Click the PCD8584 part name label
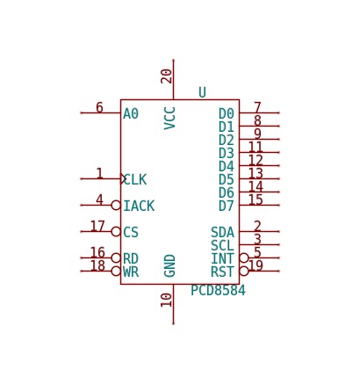tap(218, 291)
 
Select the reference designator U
tap(202, 92)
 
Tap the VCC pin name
tap(169, 118)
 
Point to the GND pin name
tap(169, 265)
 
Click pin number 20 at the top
tap(167, 76)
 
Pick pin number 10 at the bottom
tap(167, 300)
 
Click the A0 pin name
tap(131, 113)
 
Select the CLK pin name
tap(135, 179)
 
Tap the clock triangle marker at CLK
tap(124, 178)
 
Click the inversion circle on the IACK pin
tap(116, 205)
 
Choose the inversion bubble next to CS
tap(116, 231)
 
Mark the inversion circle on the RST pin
tap(244, 271)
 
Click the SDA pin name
tap(222, 233)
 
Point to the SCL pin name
tap(222, 245)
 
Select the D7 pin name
tap(227, 206)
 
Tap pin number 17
tap(97, 226)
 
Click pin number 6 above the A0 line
tap(99, 107)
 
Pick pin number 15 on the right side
tap(256, 199)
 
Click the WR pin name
tap(131, 272)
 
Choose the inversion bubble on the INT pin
tap(244, 257)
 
